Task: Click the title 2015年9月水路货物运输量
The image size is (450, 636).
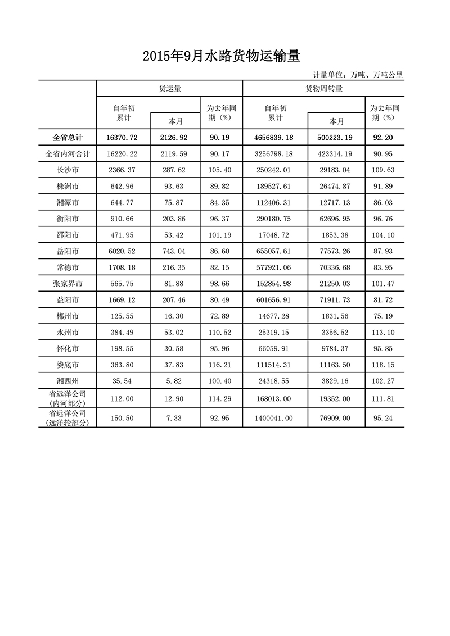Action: [222, 56]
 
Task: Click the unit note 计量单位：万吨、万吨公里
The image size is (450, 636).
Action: [358, 75]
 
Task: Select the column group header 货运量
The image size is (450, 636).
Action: [169, 88]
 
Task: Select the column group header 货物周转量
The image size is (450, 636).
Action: [323, 88]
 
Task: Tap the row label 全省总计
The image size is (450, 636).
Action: [67, 137]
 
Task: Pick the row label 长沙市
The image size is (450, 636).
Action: [67, 170]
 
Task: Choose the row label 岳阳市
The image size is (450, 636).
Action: [67, 251]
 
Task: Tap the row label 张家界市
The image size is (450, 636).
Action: [67, 284]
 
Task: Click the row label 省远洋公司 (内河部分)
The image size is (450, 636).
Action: [67, 398]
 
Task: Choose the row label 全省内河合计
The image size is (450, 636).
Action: [67, 153]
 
